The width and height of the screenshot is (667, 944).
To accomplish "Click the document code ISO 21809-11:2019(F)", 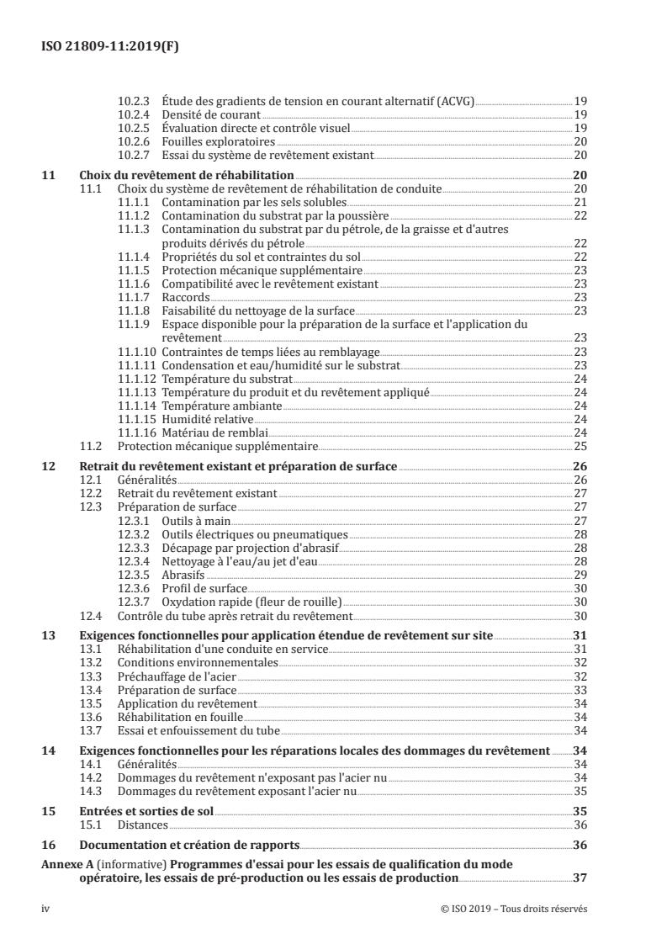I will coord(110,47).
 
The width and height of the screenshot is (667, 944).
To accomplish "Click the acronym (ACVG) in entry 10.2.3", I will coord(454,100).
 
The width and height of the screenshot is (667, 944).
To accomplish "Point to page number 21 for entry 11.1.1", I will coord(580,204).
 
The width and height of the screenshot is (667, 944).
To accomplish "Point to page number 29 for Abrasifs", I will coord(580,574).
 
